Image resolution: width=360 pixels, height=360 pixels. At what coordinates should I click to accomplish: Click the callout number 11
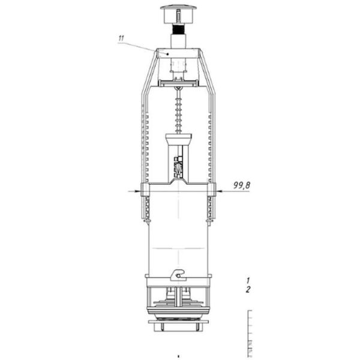(x=121, y=38)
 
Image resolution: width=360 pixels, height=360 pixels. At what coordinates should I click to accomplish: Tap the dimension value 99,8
(x=242, y=185)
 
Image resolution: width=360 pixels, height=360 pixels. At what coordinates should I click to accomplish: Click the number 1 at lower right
(x=248, y=280)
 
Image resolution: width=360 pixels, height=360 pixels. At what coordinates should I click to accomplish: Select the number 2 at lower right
(x=248, y=290)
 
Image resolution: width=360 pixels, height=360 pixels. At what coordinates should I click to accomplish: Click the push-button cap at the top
(x=178, y=14)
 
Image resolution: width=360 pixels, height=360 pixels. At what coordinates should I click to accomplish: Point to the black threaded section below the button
(x=178, y=29)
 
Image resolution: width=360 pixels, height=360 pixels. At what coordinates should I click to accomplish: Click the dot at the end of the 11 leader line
(x=168, y=54)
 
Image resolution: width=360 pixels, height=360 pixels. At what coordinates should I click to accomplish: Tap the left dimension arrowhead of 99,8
(x=137, y=191)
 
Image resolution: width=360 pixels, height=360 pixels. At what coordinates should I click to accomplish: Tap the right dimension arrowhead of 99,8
(x=219, y=191)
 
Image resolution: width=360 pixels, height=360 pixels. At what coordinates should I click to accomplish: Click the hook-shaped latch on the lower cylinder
(x=178, y=275)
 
